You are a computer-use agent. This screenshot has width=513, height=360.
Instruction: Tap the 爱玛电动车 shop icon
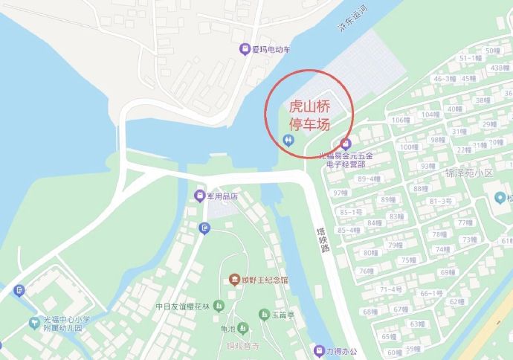click(x=245, y=50)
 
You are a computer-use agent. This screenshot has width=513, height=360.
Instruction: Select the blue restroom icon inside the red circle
click(x=288, y=139)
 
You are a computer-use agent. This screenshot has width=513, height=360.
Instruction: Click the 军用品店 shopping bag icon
click(x=199, y=196)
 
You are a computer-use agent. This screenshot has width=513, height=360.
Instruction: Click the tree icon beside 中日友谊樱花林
click(x=219, y=306)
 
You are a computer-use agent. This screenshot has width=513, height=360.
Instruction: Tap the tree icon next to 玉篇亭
click(x=263, y=315)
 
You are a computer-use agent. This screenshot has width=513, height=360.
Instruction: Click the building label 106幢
click(x=401, y=120)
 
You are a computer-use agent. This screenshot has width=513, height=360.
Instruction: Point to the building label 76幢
click(x=365, y=271)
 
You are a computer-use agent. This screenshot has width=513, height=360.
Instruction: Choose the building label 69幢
click(x=448, y=272)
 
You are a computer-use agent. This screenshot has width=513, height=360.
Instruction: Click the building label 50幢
click(x=491, y=51)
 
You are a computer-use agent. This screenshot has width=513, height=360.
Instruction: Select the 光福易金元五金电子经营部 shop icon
click(x=344, y=144)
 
